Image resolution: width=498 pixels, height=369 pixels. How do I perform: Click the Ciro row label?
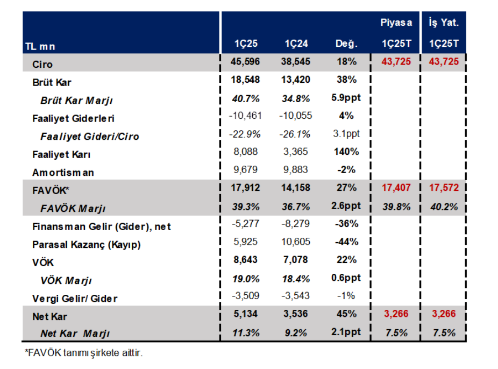tap(42, 64)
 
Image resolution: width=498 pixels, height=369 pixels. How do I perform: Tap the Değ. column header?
tap(346, 43)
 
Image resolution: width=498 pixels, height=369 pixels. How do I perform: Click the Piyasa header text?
tap(396, 23)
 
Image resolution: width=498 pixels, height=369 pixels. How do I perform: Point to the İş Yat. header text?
tap(444, 23)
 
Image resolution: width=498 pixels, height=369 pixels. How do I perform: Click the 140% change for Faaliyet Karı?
tap(347, 152)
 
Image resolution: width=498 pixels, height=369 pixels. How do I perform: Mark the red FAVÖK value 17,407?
tap(396, 188)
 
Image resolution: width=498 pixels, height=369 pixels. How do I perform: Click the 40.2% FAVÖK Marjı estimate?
tap(444, 207)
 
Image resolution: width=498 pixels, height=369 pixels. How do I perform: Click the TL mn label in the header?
tap(40, 47)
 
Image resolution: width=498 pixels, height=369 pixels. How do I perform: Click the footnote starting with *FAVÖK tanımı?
tap(83, 353)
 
